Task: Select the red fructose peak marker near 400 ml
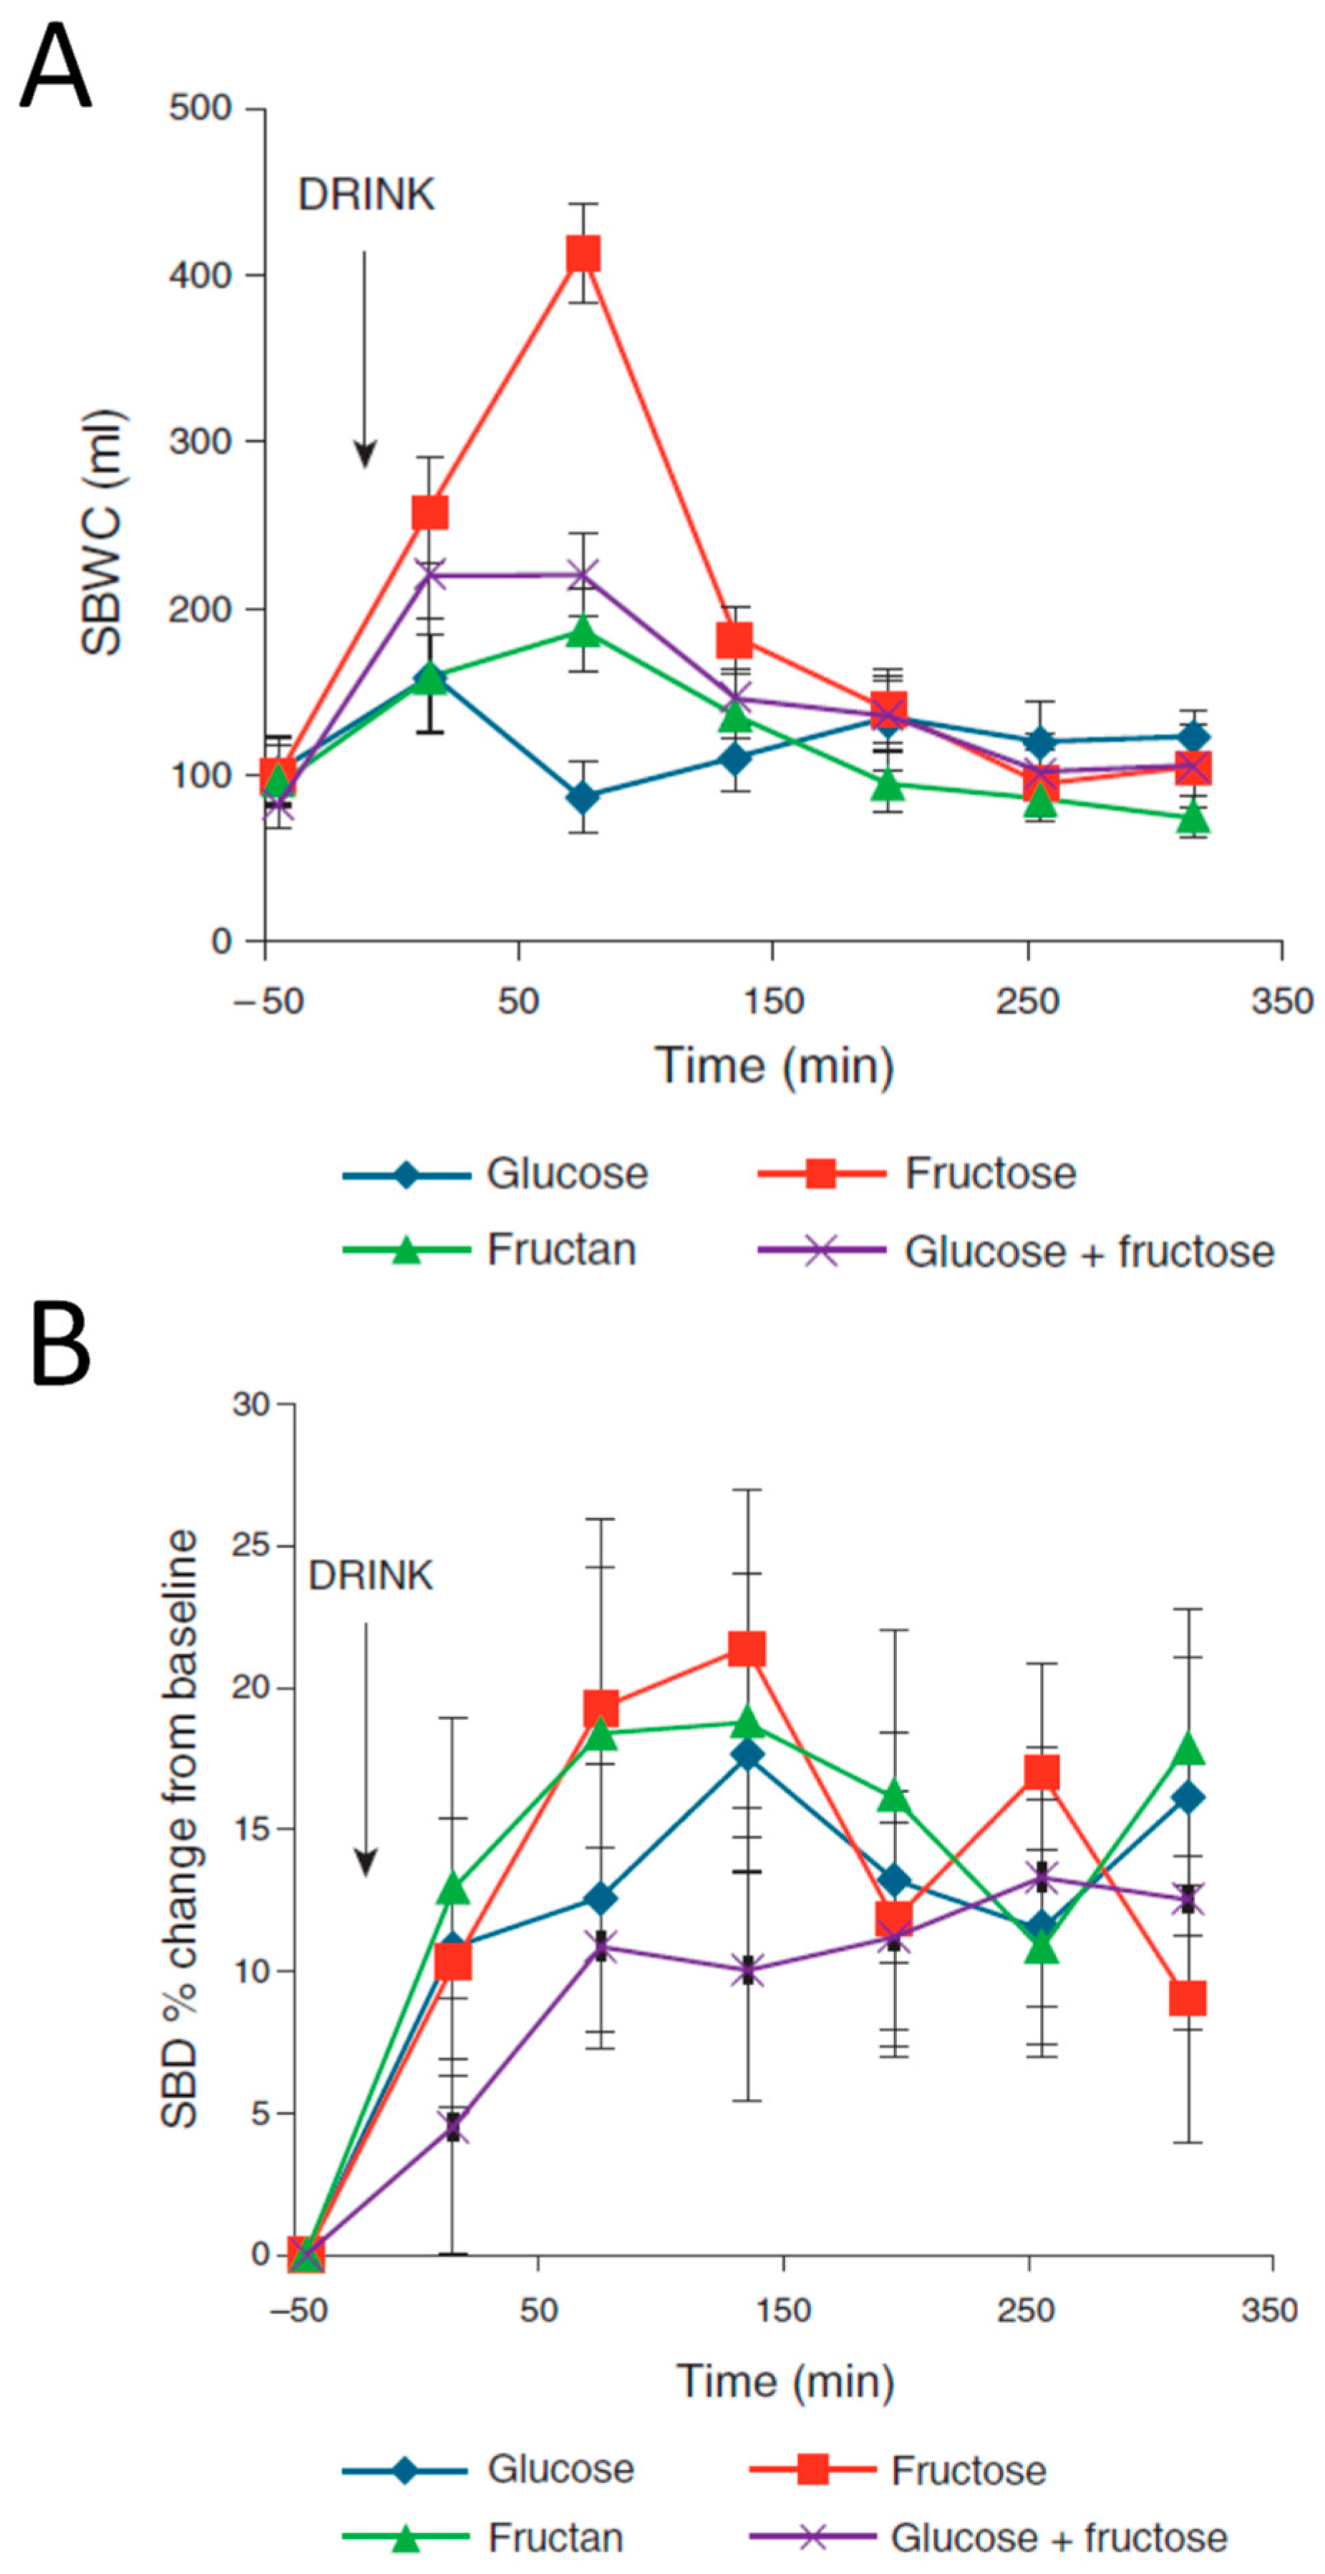[x=583, y=254]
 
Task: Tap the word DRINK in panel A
[x=367, y=195]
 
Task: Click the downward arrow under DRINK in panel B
[x=366, y=1749]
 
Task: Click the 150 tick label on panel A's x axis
[x=773, y=1000]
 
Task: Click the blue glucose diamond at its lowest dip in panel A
[x=583, y=797]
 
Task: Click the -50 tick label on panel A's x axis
[x=268, y=1000]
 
